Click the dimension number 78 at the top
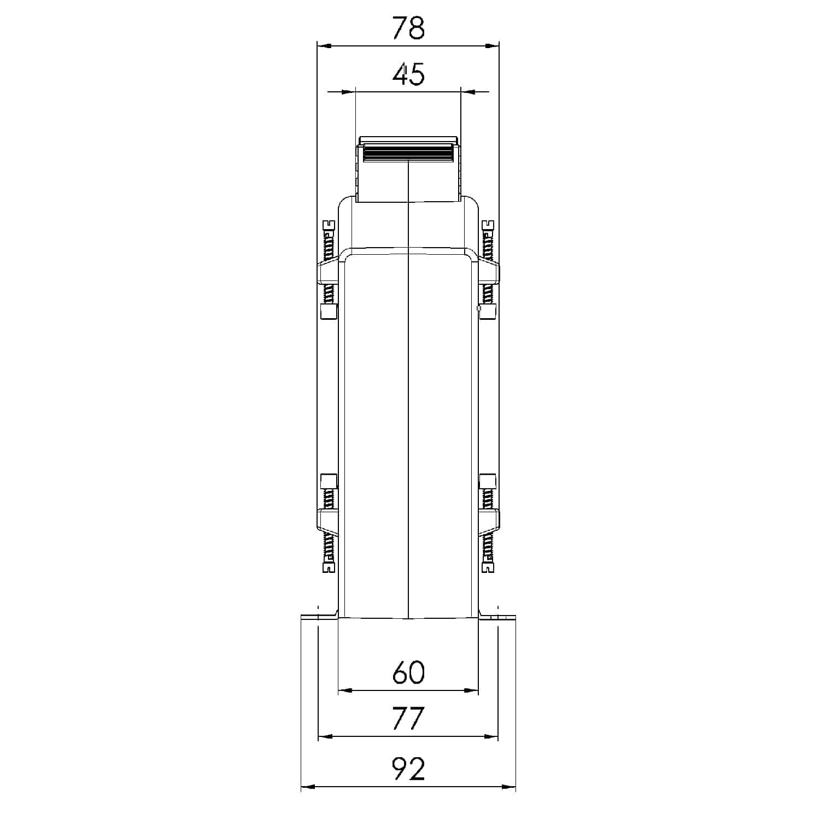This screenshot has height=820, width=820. click(x=408, y=28)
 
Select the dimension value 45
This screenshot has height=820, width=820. click(x=408, y=75)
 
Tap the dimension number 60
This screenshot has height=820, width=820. click(x=408, y=673)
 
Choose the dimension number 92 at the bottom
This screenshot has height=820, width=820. click(x=408, y=769)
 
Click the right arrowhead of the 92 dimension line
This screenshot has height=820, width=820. click(x=509, y=787)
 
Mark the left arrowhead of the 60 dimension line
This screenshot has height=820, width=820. click(x=345, y=690)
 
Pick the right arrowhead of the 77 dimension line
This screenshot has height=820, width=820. click(x=491, y=736)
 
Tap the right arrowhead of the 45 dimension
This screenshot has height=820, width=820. click(x=468, y=92)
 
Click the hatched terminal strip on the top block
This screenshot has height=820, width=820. click(x=408, y=153)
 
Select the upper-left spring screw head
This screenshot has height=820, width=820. click(x=329, y=225)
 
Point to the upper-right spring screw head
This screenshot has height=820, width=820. click(x=488, y=225)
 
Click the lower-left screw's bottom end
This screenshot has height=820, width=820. click(x=329, y=567)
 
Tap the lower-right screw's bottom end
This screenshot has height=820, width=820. click(x=488, y=567)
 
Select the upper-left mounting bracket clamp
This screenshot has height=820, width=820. click(x=328, y=272)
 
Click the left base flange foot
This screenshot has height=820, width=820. click(x=320, y=616)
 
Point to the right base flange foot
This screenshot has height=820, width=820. click(x=497, y=616)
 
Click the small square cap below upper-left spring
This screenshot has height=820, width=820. click(x=328, y=312)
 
